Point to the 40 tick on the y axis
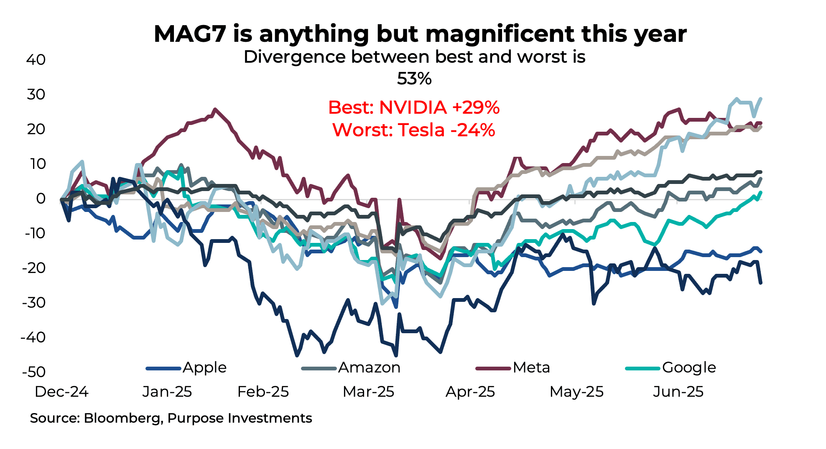tap(36, 60)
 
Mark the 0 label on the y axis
tap(41, 199)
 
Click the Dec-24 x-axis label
tap(61, 392)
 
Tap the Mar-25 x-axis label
tap(368, 392)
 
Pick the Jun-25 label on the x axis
tap(678, 392)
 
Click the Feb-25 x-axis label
tap(263, 392)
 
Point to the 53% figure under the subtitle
tap(414, 79)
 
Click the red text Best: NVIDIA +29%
tap(414, 107)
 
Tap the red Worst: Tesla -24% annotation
tap(414, 130)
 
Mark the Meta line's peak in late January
tap(215, 110)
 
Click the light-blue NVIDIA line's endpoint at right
tap(760, 99)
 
